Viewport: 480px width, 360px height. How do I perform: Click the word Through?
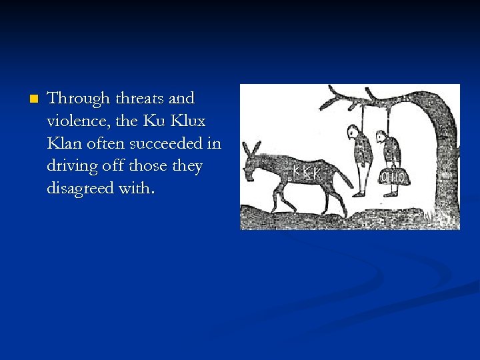point(79,99)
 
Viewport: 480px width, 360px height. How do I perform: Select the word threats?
point(139,99)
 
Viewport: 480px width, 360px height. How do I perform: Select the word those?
point(153,166)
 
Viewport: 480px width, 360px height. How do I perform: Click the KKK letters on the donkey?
point(307,173)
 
